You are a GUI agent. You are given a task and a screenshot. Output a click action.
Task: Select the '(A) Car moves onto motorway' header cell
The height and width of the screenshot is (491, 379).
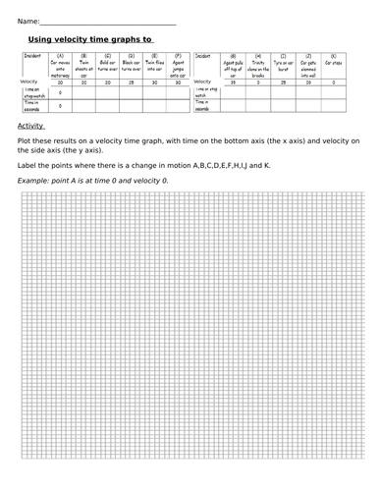coord(61,65)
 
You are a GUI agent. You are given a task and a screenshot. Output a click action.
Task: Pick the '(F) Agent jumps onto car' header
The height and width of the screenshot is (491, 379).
coord(178,65)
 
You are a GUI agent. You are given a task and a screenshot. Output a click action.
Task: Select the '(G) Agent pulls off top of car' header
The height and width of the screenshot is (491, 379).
coord(233,65)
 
